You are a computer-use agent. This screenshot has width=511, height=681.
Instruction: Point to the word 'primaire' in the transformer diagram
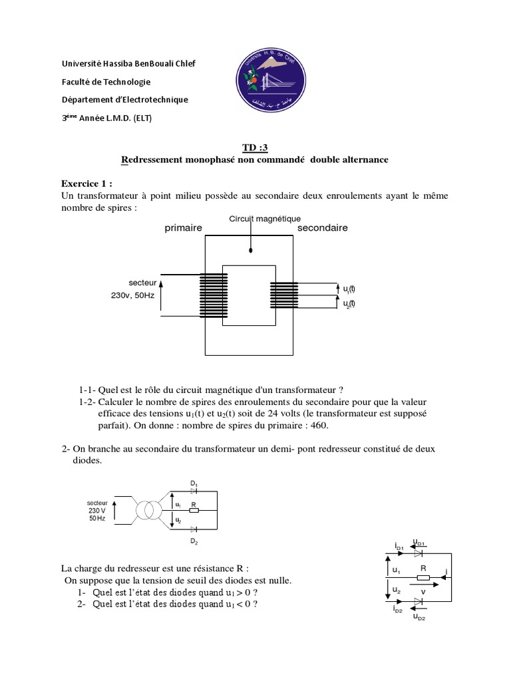(183, 228)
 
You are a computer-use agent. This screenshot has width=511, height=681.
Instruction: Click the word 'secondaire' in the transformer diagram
(322, 227)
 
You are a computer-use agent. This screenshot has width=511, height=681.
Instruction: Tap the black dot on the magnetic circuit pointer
(250, 251)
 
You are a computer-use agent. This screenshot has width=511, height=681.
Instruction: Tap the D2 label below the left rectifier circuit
(194, 542)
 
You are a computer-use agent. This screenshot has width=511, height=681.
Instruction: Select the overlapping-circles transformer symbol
(150, 511)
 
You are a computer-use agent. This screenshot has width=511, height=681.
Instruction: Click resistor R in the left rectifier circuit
(194, 510)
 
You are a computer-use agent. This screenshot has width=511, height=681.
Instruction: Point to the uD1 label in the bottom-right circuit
(419, 542)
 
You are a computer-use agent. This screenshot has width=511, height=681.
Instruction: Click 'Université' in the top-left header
(80, 64)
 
